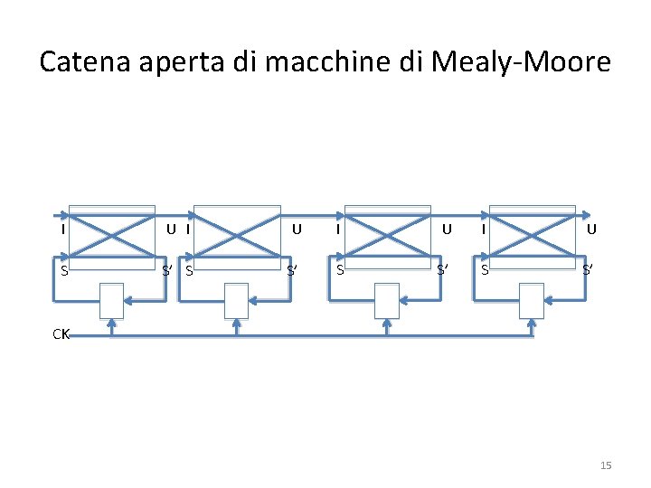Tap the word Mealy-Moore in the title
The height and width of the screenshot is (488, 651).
point(522,63)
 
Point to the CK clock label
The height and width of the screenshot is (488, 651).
point(61,334)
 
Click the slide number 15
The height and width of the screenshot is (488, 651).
point(606,465)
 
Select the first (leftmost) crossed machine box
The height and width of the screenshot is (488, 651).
point(111,233)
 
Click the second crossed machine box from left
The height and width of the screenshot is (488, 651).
point(239,233)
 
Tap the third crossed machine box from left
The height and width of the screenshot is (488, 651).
point(390,233)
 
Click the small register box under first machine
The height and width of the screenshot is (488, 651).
point(111,300)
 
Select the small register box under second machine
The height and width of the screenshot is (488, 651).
point(236,300)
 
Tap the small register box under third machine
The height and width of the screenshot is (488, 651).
point(386,300)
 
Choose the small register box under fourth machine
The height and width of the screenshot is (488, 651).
point(532,300)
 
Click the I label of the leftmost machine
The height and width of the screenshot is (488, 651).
point(62,229)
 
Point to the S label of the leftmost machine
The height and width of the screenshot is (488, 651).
point(62,269)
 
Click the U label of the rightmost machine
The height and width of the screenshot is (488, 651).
point(590,229)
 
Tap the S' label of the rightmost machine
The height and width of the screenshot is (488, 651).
point(589,269)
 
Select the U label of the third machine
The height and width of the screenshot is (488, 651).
point(446,229)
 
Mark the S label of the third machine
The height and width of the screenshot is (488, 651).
point(340,269)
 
